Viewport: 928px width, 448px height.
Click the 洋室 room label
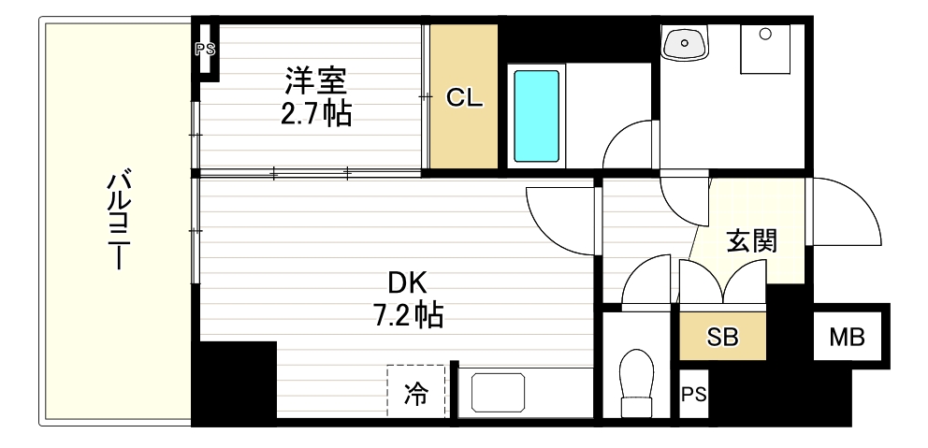(x=315, y=81)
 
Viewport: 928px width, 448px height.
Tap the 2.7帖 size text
(x=316, y=114)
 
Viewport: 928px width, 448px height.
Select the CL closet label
(x=464, y=97)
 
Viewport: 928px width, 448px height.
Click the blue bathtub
(x=536, y=115)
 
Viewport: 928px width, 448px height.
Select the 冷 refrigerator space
(x=415, y=393)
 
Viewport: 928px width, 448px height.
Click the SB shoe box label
(x=722, y=338)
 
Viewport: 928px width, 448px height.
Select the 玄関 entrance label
(x=751, y=241)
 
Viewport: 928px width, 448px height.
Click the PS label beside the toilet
(x=693, y=395)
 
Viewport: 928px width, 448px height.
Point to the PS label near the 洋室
(x=205, y=50)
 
